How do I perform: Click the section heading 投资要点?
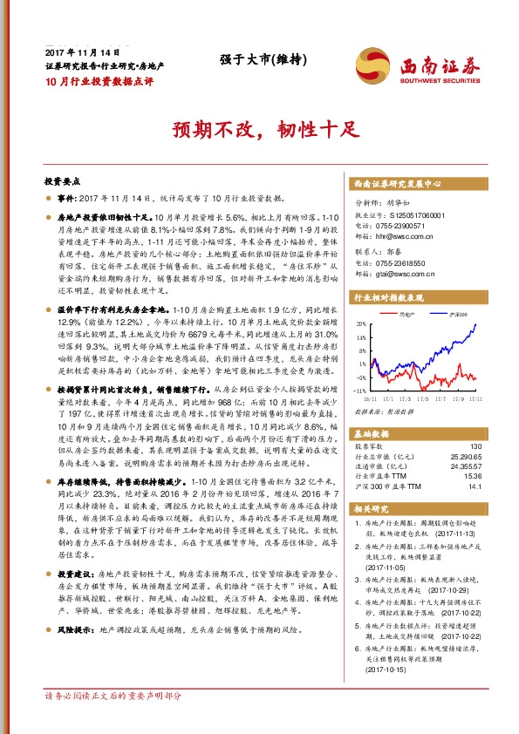coord(62,182)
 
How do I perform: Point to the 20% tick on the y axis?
coord(360,323)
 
